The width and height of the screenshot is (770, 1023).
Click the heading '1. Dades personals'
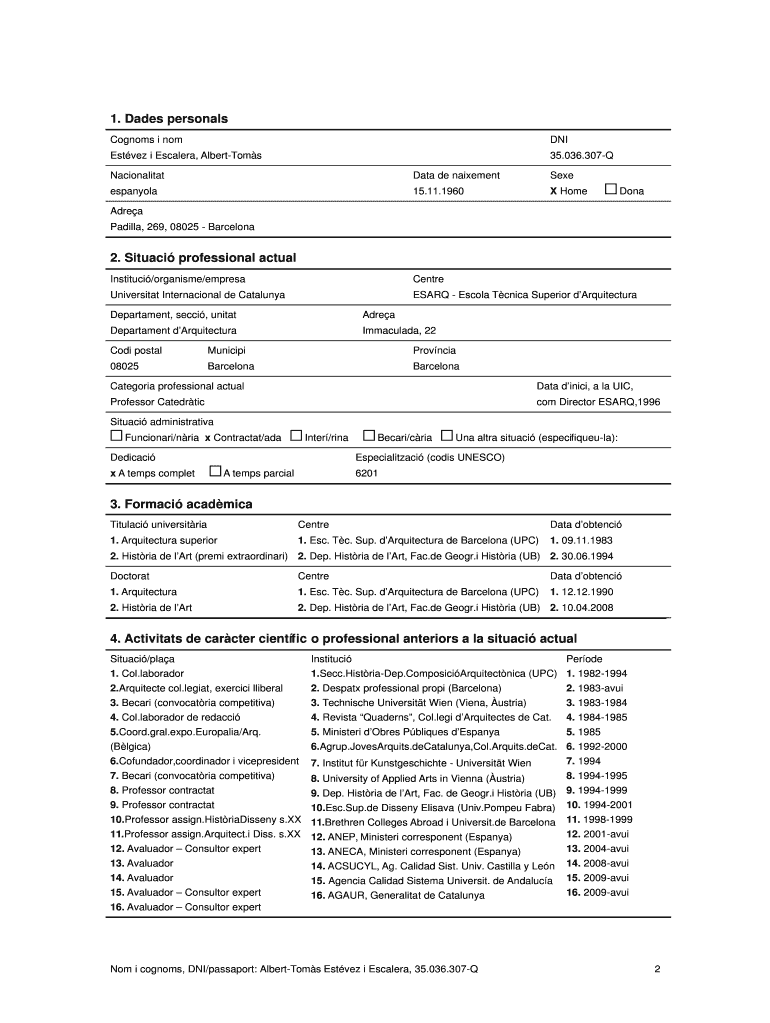click(x=169, y=119)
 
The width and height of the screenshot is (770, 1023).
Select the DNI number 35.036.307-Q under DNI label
click(x=582, y=156)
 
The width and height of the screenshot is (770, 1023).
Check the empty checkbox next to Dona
click(x=610, y=189)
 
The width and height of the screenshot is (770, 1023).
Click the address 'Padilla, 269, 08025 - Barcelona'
click(x=182, y=227)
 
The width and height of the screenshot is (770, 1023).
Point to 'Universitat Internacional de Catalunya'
click(x=197, y=295)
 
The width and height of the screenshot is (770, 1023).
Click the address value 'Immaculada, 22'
click(x=399, y=330)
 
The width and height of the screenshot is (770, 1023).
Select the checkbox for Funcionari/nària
click(x=116, y=436)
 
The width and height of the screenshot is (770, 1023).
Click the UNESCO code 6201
click(x=367, y=473)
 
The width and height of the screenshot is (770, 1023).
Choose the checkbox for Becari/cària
click(x=368, y=436)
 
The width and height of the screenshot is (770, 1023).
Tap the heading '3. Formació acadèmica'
click(x=181, y=504)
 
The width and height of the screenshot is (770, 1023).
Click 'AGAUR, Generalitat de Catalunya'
click(x=397, y=896)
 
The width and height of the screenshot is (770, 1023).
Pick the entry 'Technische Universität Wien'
click(x=400, y=703)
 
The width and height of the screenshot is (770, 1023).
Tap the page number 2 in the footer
click(x=656, y=968)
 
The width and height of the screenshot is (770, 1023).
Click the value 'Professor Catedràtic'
click(x=157, y=402)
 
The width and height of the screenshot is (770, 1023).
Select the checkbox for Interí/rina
click(x=296, y=436)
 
